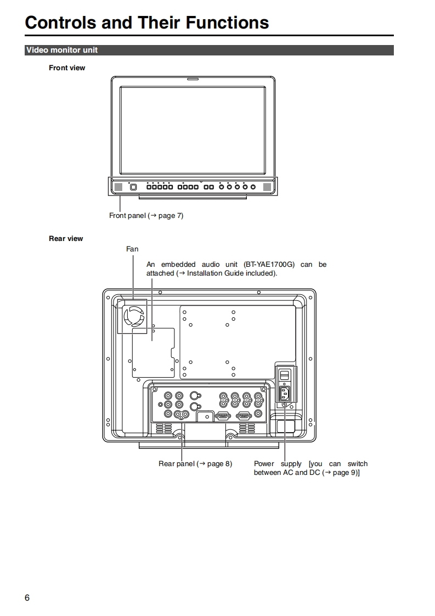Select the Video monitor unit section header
61,50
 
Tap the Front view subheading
67,68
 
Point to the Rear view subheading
66,238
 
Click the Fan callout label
132,249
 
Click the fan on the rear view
133,317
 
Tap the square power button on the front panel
133,187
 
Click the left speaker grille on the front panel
117,187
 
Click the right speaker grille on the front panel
267,187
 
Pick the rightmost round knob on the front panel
253,187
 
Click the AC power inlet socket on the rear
285,394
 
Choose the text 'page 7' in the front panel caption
170,216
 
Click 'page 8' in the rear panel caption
219,464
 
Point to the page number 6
27,598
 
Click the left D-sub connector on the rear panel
222,416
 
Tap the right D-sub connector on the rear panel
244,416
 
